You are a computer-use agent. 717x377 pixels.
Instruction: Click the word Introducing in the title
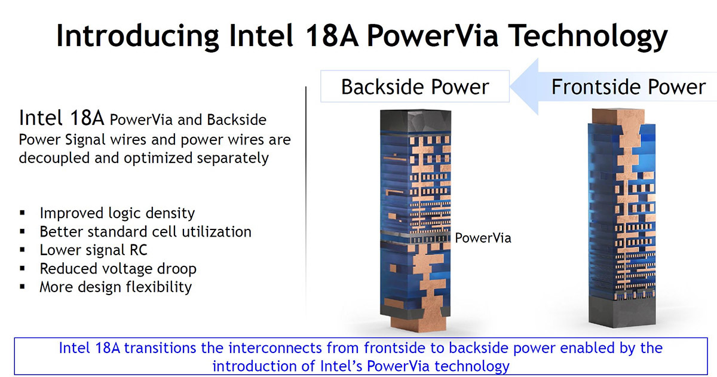point(135,35)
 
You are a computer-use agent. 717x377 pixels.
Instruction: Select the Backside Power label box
point(415,87)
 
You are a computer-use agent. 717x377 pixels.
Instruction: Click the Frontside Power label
point(628,87)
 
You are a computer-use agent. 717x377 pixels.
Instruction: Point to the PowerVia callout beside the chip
point(483,238)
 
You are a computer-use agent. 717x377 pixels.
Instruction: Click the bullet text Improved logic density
point(117,213)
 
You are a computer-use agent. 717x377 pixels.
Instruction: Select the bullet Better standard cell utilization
point(145,232)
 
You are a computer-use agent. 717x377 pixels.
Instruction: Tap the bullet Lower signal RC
point(93,250)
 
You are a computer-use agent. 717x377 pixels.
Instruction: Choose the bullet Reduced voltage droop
point(118,268)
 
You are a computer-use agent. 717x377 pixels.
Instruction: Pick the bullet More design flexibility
point(115,287)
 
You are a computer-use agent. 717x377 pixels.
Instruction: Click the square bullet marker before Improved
point(23,213)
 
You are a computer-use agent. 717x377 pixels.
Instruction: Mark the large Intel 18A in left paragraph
point(60,118)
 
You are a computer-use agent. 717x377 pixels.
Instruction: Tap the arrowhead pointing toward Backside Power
point(526,87)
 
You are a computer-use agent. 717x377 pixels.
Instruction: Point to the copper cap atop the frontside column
point(619,115)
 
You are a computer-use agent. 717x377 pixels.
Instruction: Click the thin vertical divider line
point(306,197)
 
